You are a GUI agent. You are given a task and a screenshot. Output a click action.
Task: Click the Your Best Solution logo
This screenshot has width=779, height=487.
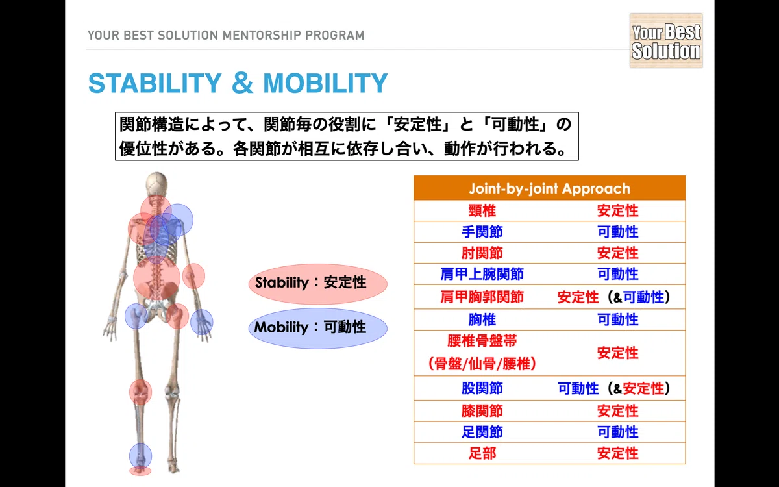click(666, 40)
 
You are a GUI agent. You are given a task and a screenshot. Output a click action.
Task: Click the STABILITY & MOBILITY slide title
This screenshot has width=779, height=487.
click(238, 83)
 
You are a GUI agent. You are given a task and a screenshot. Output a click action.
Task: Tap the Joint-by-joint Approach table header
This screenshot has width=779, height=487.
click(549, 188)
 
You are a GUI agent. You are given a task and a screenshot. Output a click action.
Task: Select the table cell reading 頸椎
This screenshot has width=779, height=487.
click(482, 211)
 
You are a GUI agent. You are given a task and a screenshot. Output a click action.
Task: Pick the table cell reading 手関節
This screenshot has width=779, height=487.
click(482, 232)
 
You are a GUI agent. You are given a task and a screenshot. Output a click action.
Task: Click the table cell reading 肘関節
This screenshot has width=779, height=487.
click(482, 253)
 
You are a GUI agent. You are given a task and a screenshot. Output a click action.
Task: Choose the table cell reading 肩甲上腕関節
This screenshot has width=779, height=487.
click(482, 274)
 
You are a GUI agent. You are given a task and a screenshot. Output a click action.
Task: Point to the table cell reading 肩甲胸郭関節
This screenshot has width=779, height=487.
click(482, 297)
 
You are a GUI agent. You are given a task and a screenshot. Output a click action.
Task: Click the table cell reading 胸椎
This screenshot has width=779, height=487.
click(482, 319)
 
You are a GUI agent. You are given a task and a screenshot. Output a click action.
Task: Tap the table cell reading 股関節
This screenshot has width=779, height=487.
click(482, 388)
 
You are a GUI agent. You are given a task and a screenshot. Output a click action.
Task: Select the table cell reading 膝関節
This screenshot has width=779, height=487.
click(482, 411)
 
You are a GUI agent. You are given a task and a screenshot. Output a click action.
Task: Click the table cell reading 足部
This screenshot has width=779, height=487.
click(482, 453)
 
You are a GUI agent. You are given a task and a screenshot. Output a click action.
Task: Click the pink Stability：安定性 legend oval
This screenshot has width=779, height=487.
click(318, 284)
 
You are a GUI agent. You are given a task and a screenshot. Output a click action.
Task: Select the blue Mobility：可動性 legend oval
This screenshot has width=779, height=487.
click(318, 328)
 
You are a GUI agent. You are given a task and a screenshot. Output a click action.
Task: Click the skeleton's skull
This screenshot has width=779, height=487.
click(156, 184)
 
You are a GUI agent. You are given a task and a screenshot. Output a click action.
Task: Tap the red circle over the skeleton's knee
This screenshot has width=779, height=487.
click(140, 392)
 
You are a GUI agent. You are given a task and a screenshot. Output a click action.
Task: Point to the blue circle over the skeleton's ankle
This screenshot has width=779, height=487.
click(140, 456)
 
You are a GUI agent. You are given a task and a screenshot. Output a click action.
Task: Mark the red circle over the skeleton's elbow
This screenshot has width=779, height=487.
click(193, 276)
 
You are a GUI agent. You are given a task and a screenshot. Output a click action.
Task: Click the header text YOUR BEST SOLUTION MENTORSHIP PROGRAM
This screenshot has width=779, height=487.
click(226, 36)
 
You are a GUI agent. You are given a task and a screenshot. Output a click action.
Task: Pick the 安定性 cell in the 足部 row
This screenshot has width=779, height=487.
click(617, 453)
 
